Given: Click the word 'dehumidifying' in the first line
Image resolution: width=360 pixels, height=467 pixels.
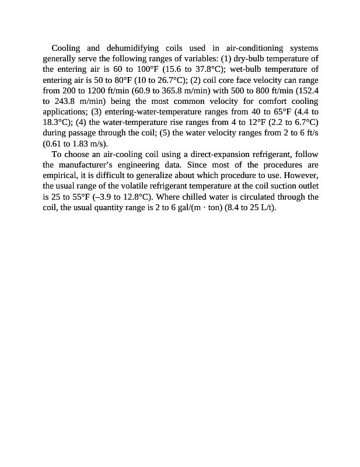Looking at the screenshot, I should coord(140,48).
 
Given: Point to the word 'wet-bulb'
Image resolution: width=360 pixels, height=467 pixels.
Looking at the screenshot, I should coord(244,69).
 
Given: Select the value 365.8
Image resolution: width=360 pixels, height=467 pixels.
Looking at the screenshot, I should coord(184,90).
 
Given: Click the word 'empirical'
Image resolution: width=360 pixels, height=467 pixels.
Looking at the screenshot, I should coord(60,175).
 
